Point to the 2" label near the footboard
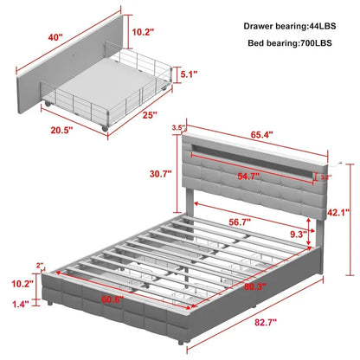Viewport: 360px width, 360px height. [x=39, y=266]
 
